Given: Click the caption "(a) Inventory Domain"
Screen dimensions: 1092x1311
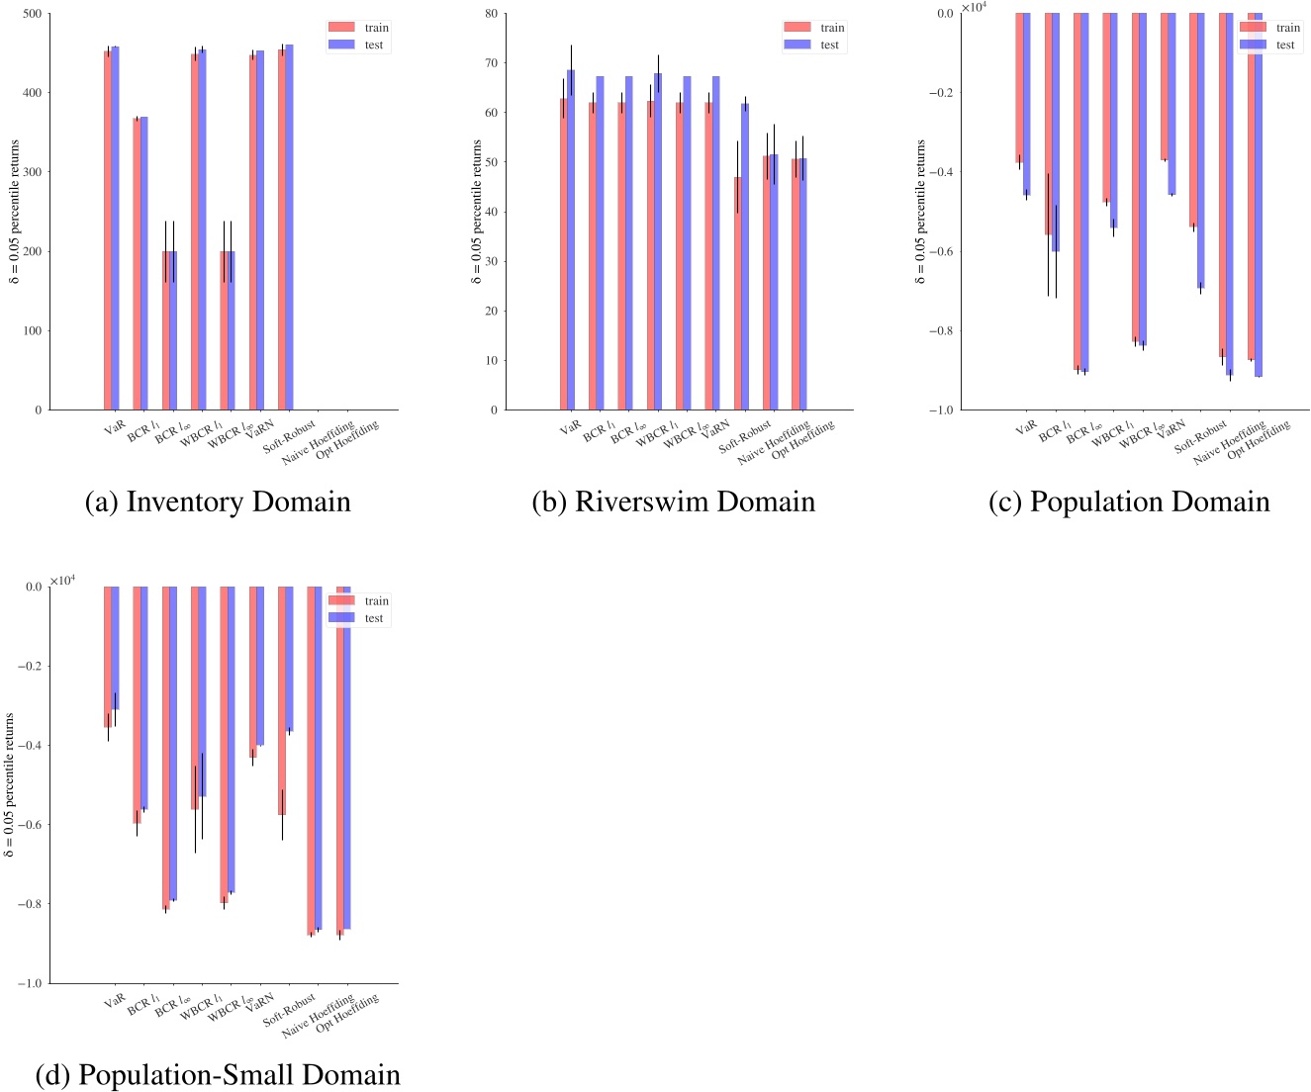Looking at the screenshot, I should pos(218,501).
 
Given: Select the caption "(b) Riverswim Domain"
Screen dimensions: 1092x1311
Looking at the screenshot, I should pos(673,501).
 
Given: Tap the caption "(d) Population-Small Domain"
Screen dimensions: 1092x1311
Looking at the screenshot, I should pos(218,1074).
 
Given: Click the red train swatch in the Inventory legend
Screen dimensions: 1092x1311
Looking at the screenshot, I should pos(341,28).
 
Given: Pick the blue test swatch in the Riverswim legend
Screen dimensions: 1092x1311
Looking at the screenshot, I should pos(796,45).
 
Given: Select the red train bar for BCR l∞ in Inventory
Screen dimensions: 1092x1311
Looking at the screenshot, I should pos(166,330).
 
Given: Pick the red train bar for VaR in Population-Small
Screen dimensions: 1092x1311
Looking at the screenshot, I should pos(108,657).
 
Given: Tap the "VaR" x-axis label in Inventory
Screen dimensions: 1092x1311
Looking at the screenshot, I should pos(116,428).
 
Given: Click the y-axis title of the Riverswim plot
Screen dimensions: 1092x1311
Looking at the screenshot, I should pos(477,212).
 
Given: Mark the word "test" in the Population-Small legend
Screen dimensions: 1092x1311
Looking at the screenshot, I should pos(374,618).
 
